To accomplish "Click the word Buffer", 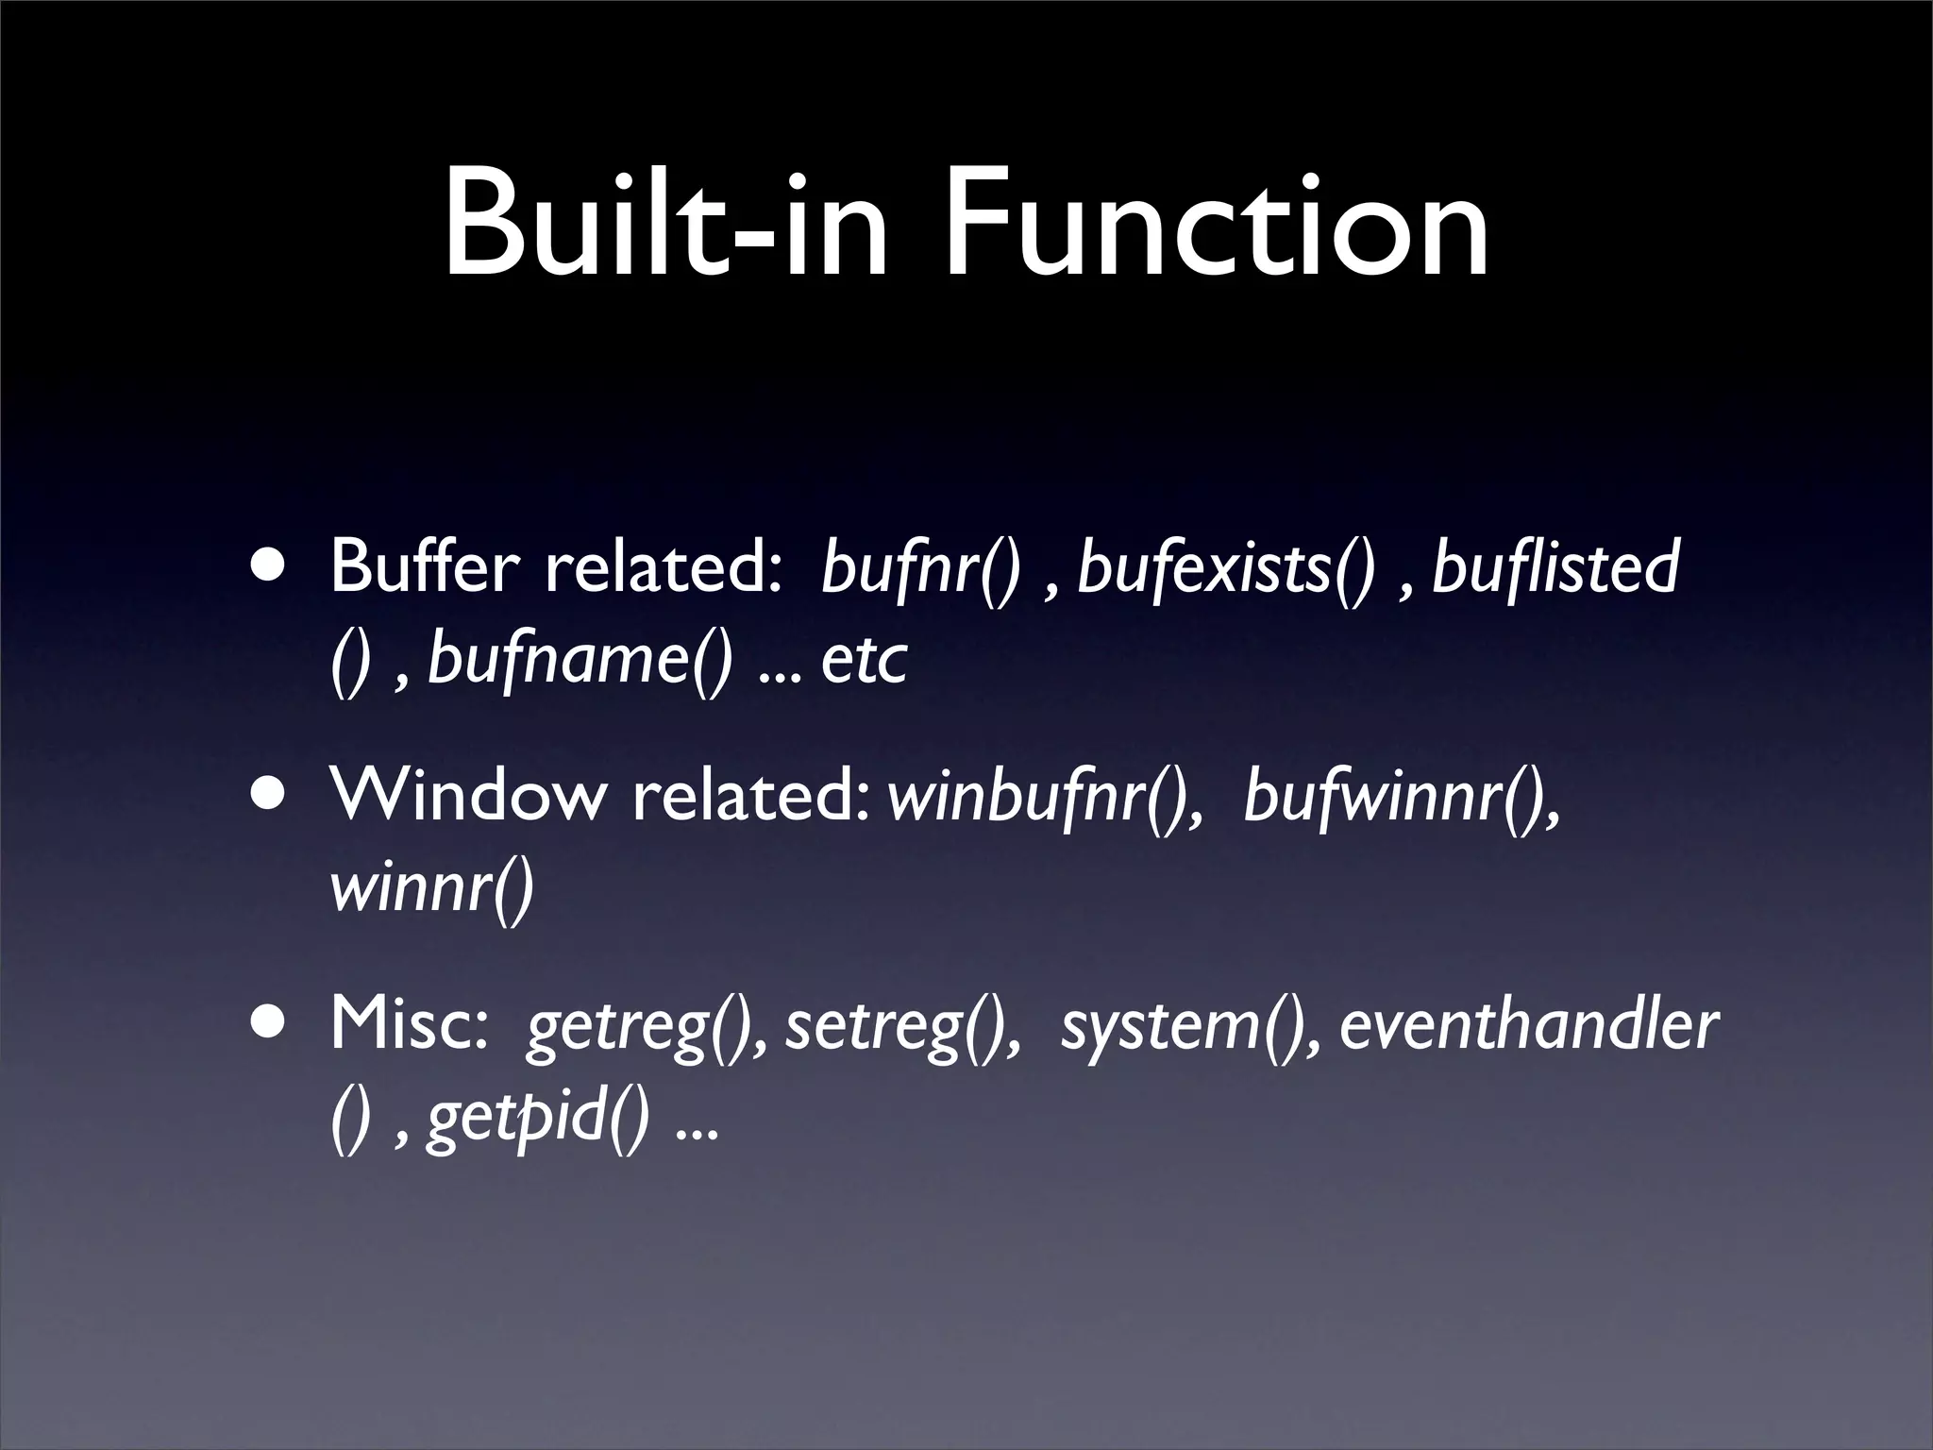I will [x=425, y=568].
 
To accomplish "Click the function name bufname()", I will [x=580, y=661].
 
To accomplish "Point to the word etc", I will [x=864, y=661].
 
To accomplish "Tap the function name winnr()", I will [x=432, y=889].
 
